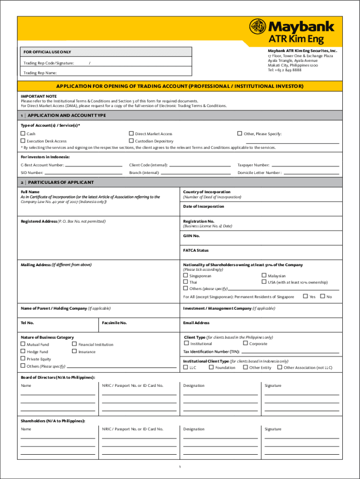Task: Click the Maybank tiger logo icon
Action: point(258,28)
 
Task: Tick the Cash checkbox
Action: point(23,134)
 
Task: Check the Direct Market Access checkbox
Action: point(131,134)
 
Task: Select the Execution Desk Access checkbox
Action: point(23,141)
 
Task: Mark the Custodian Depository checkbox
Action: point(131,141)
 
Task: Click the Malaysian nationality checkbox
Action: point(264,276)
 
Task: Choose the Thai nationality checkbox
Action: point(186,282)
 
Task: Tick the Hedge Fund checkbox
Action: point(23,351)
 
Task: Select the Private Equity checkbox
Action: point(23,359)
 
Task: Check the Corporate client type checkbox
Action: point(245,343)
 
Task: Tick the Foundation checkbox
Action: point(211,367)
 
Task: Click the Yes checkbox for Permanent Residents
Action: point(306,297)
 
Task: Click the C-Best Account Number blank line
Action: point(94,166)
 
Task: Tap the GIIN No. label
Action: point(191,236)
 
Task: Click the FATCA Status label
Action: point(196,250)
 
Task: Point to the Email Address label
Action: point(196,323)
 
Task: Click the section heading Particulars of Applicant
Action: point(61,182)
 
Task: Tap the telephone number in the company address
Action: point(284,70)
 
